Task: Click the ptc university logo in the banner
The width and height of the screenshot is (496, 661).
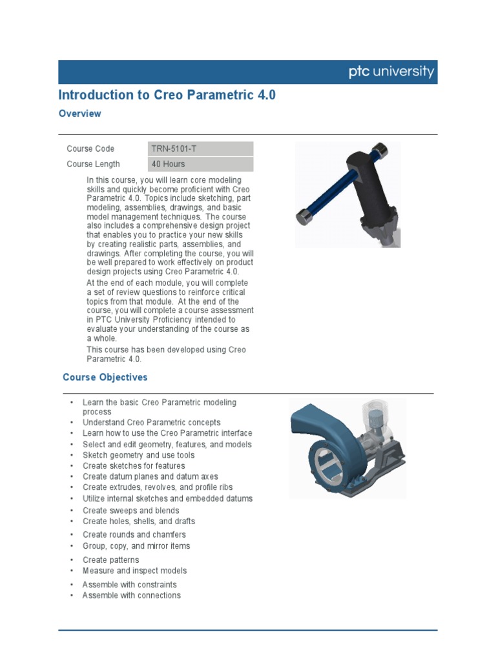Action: pos(391,72)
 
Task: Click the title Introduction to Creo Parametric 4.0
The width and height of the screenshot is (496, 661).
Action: pos(167,95)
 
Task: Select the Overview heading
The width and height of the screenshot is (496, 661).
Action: pos(79,114)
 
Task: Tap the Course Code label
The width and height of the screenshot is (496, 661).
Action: pos(90,148)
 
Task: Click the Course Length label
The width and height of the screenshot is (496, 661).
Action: pos(93,164)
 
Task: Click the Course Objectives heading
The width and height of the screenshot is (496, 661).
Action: pos(105,377)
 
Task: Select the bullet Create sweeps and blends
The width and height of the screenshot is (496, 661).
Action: pos(130,511)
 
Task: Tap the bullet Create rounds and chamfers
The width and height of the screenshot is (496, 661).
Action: pos(134,534)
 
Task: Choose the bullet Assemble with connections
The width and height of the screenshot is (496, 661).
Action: pos(131,595)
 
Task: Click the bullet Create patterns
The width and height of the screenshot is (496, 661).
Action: pos(110,560)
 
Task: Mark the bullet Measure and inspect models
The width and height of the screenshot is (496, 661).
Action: pos(134,571)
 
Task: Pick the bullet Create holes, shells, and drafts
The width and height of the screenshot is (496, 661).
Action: pos(138,521)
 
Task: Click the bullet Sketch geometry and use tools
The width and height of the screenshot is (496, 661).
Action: pos(138,455)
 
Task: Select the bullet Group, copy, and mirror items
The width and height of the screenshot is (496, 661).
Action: pos(136,545)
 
